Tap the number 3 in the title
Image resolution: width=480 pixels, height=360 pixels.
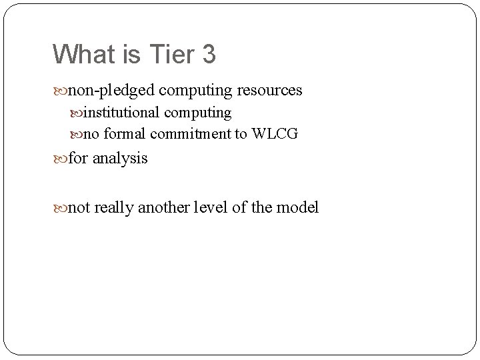207,54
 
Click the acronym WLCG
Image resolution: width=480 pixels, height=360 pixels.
274,134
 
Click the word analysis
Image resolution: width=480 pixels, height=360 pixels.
120,159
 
